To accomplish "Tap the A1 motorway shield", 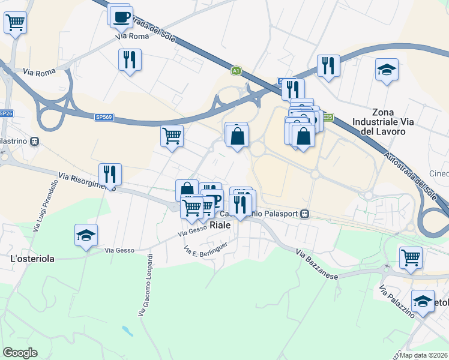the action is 237,70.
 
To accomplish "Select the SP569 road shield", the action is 103,118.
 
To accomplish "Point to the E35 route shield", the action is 327,117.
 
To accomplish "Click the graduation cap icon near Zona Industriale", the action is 387,70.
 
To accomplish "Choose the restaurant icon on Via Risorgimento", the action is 110,174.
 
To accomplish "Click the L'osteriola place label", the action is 32,259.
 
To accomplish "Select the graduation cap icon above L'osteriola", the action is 86,235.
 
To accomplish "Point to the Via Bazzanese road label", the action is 318,264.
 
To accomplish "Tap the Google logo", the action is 20,353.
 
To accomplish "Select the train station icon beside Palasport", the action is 306,214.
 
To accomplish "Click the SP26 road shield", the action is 6,113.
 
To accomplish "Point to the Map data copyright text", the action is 424,355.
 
